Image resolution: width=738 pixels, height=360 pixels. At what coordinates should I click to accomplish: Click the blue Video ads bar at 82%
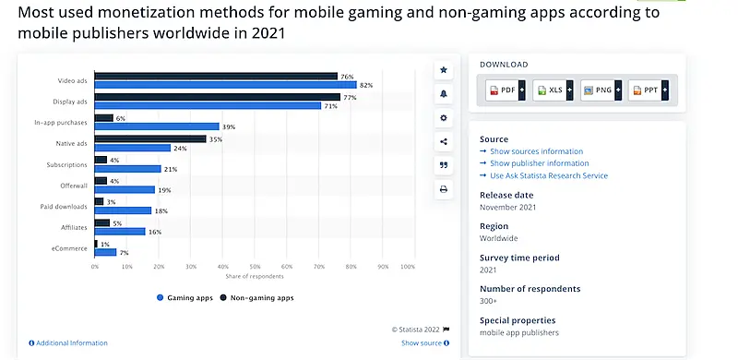225,85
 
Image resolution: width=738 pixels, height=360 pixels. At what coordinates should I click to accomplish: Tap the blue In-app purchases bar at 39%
157,126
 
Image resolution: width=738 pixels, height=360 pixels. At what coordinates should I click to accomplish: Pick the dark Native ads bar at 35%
150,138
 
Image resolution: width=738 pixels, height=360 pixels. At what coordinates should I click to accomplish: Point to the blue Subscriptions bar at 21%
127,168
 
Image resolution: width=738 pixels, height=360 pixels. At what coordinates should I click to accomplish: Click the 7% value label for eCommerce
125,252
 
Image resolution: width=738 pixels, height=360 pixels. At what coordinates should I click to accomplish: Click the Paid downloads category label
65,206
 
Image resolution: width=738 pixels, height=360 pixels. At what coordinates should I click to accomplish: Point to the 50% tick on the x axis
255,267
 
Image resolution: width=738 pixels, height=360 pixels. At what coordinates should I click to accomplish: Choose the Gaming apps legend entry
187,298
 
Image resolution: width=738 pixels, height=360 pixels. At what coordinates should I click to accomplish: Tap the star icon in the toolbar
444,70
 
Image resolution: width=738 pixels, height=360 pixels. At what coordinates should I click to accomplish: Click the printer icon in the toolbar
444,189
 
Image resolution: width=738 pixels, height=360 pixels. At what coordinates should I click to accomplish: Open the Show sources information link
535,151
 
